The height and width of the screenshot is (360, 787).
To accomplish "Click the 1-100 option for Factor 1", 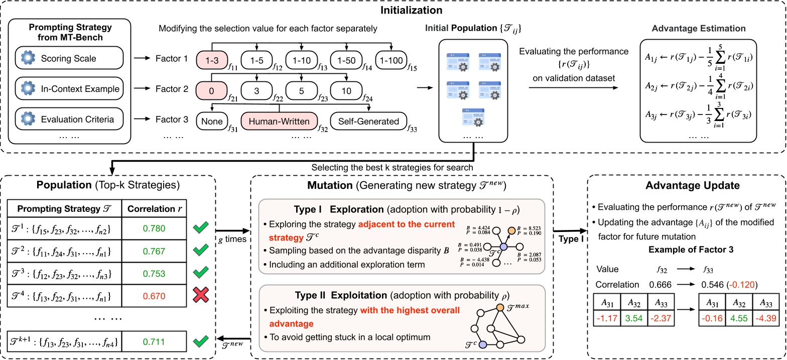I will coord(390,59).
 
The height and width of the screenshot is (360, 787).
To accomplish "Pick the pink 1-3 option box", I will coord(213,59).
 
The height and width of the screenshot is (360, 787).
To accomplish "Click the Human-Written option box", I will coord(279,121).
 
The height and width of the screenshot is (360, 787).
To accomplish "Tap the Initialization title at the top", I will coord(393,9).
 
